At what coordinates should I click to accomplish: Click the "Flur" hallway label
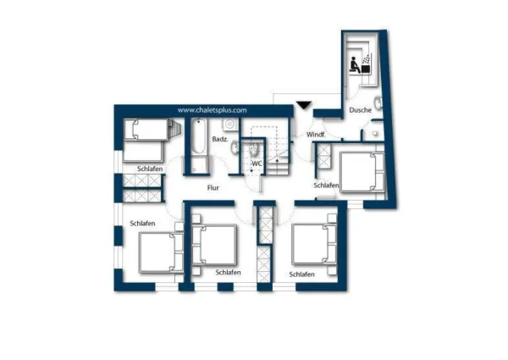coord(213,187)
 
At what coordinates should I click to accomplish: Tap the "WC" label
coord(257,163)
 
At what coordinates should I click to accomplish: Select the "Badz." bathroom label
coord(220,139)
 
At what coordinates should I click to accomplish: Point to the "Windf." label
coord(316,135)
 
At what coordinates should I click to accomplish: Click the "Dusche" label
coord(360,110)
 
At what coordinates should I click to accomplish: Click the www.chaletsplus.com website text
coord(212,110)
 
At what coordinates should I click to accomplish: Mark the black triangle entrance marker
coord(304,105)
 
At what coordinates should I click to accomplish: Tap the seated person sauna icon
coord(355,65)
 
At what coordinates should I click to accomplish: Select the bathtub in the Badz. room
coord(197,137)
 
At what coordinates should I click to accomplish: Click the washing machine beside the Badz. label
coord(230,125)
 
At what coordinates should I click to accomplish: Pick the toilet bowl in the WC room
coord(254,150)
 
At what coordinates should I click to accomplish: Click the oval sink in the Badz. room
coord(235,148)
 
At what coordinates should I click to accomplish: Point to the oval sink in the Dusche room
coord(378,102)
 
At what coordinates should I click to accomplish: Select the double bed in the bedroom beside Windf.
coord(362,173)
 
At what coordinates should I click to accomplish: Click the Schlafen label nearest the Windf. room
coord(326,186)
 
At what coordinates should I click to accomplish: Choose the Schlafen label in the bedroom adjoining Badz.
coord(150,169)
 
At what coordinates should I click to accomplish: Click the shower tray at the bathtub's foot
coord(197,166)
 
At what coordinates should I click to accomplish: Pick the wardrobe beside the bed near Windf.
coord(323,156)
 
